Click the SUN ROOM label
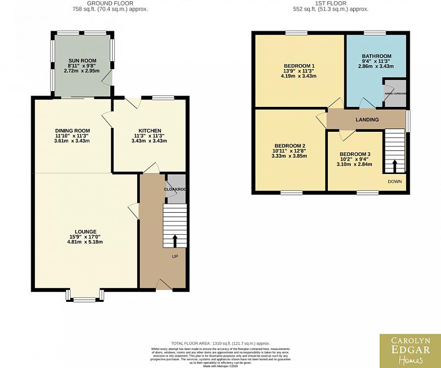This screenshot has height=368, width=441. pyautogui.click(x=82, y=60)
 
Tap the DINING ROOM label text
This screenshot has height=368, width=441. pyautogui.click(x=72, y=130)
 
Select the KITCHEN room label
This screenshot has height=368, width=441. pyautogui.click(x=149, y=130)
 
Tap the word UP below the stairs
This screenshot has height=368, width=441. pyautogui.click(x=175, y=256)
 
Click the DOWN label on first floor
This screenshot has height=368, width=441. pyautogui.click(x=394, y=181)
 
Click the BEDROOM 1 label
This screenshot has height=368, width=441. pyautogui.click(x=299, y=66)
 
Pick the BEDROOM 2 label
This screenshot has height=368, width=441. pyautogui.click(x=290, y=146)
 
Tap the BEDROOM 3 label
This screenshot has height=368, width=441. pyautogui.click(x=355, y=154)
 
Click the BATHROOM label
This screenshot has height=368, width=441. pyautogui.click(x=376, y=56)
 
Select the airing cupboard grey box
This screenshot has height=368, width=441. pyautogui.click(x=395, y=93)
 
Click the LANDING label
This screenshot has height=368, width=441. pyautogui.click(x=367, y=120)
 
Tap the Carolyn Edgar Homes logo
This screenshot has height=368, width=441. pyautogui.click(x=410, y=350)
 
